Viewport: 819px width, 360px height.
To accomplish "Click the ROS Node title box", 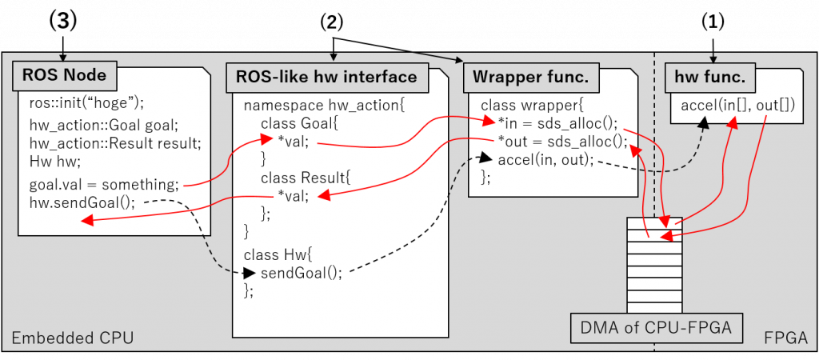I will [x=65, y=77].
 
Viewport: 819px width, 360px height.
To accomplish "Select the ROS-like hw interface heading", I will [x=326, y=77].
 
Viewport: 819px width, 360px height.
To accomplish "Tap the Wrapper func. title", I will [x=531, y=77].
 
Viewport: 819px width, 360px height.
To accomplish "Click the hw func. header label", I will [x=710, y=77].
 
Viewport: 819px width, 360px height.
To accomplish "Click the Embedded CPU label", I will [x=72, y=338].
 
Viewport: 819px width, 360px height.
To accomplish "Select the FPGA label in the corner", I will [x=785, y=338].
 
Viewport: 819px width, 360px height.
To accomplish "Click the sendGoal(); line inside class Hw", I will [x=302, y=272].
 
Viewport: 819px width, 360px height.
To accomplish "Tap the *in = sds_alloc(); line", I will [x=557, y=123].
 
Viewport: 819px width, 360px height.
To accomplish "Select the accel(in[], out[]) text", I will [x=737, y=106].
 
